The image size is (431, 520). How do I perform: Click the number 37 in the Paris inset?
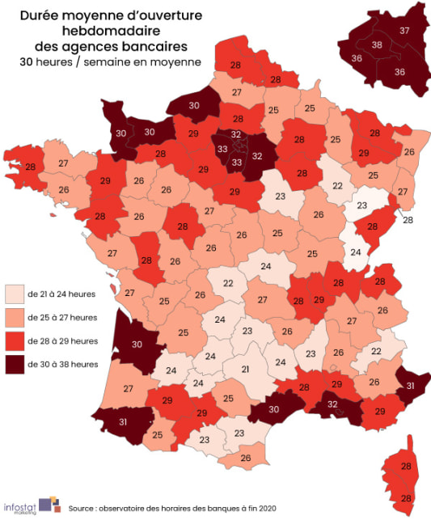pyautogui.click(x=404, y=31)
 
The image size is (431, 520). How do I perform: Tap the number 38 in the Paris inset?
pyautogui.click(x=377, y=45)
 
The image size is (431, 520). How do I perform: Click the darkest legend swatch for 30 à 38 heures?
pyautogui.click(x=14, y=364)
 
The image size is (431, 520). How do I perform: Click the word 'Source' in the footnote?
pyautogui.click(x=87, y=509)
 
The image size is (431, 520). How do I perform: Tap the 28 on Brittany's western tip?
pyautogui.click(x=30, y=167)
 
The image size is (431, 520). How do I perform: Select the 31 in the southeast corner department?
pyautogui.click(x=410, y=385)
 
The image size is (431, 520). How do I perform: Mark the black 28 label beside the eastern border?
pyautogui.click(x=408, y=219)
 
